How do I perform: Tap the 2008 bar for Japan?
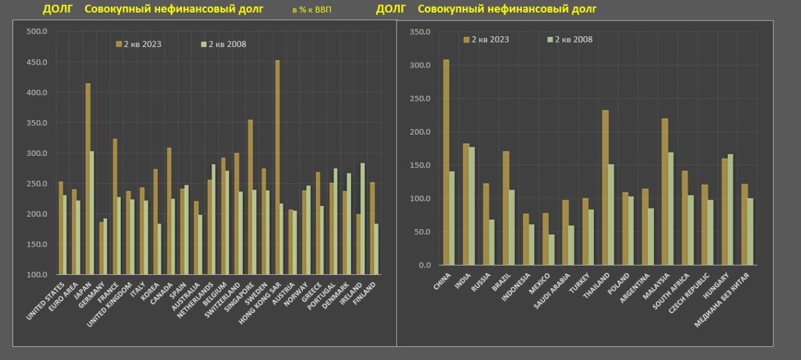pyautogui.click(x=92, y=212)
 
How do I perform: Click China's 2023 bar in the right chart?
pyautogui.click(x=446, y=162)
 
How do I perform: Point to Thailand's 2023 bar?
pyautogui.click(x=605, y=187)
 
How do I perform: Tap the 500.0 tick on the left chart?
pyautogui.click(x=36, y=32)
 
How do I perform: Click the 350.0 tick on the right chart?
pyautogui.click(x=420, y=32)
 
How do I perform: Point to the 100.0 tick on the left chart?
pyautogui.click(x=36, y=274)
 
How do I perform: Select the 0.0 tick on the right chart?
pyautogui.click(x=424, y=265)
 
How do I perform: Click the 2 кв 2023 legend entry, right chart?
pyautogui.click(x=486, y=39)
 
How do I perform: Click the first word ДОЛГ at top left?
pyautogui.click(x=56, y=9)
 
